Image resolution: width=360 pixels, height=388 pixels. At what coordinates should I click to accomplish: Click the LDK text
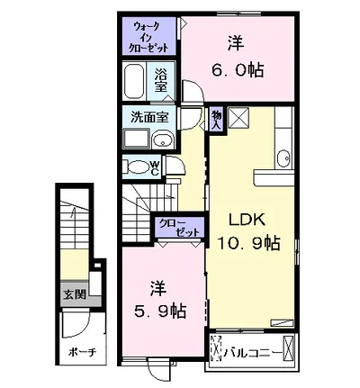pos(245,220)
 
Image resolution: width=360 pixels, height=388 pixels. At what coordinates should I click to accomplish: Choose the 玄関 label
pos(75,293)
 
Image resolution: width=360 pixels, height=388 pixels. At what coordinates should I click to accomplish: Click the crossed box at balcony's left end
pos(216,347)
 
